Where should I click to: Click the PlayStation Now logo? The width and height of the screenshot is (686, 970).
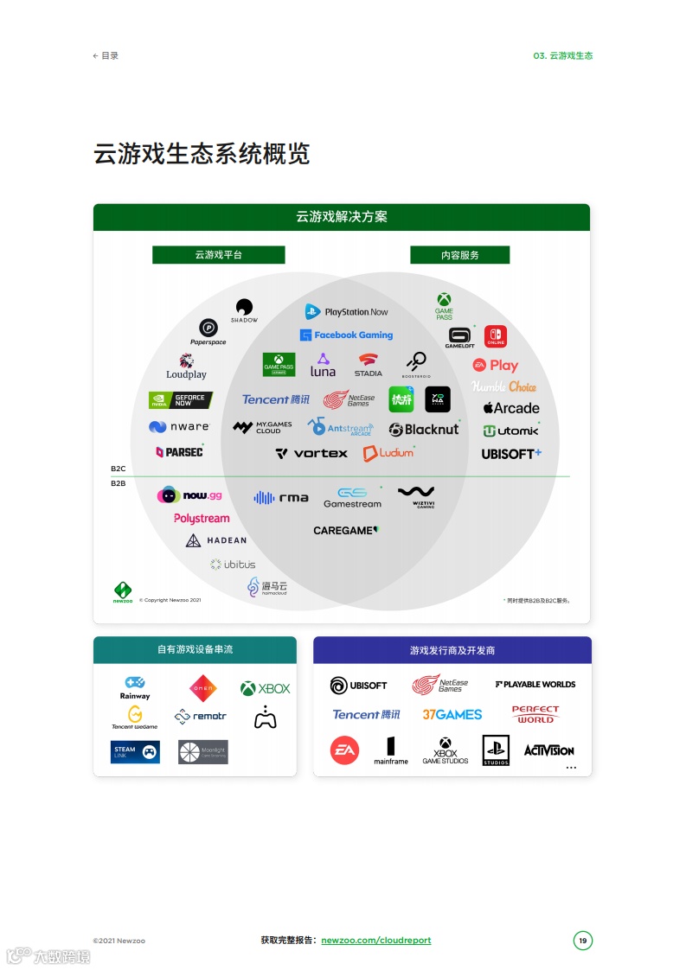(346, 311)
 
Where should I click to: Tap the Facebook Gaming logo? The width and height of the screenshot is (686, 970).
(346, 335)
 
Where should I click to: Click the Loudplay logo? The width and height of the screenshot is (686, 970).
(187, 367)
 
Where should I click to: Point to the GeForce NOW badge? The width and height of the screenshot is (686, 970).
(180, 400)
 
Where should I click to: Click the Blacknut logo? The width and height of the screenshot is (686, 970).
(424, 429)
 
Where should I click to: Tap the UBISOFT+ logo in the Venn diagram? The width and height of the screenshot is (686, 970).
(511, 453)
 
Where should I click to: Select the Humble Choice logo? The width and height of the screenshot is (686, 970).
(503, 386)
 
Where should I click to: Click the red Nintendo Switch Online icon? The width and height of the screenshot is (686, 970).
(496, 336)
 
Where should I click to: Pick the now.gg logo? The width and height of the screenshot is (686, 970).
(189, 495)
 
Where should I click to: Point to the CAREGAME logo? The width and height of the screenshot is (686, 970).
(346, 530)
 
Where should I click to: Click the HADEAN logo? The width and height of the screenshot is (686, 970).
(216, 540)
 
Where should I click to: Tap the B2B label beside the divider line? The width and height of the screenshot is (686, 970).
(119, 483)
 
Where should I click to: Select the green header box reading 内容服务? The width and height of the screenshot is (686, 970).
(459, 255)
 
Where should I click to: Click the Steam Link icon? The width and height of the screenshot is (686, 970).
(135, 752)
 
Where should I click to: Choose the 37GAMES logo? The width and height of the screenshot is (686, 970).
(452, 714)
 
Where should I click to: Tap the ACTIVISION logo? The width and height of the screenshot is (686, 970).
(548, 750)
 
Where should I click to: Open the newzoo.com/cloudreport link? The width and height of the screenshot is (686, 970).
(375, 940)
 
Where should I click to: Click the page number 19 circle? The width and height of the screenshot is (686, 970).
(583, 941)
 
